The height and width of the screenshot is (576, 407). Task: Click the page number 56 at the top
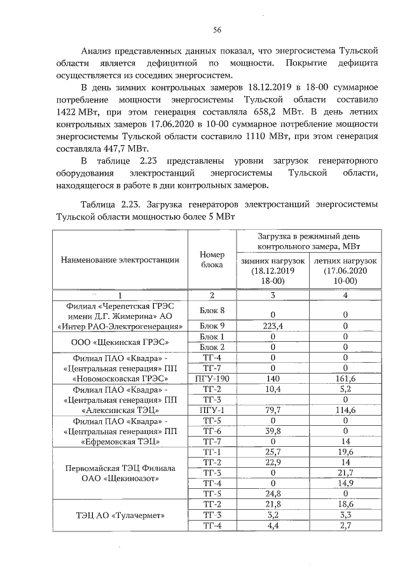[216, 29]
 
